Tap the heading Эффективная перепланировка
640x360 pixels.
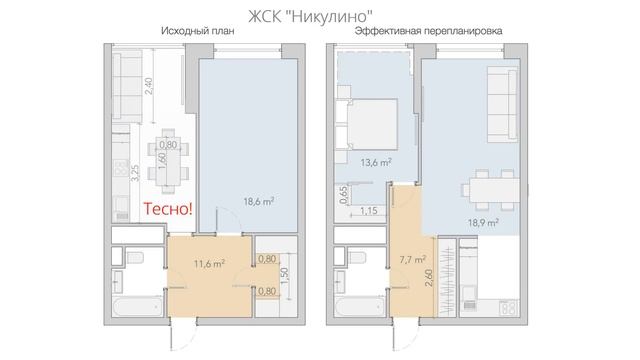point(427,32)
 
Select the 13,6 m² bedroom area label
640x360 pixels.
point(375,161)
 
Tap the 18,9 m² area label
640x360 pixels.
point(483,224)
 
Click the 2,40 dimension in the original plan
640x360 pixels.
point(148,85)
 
